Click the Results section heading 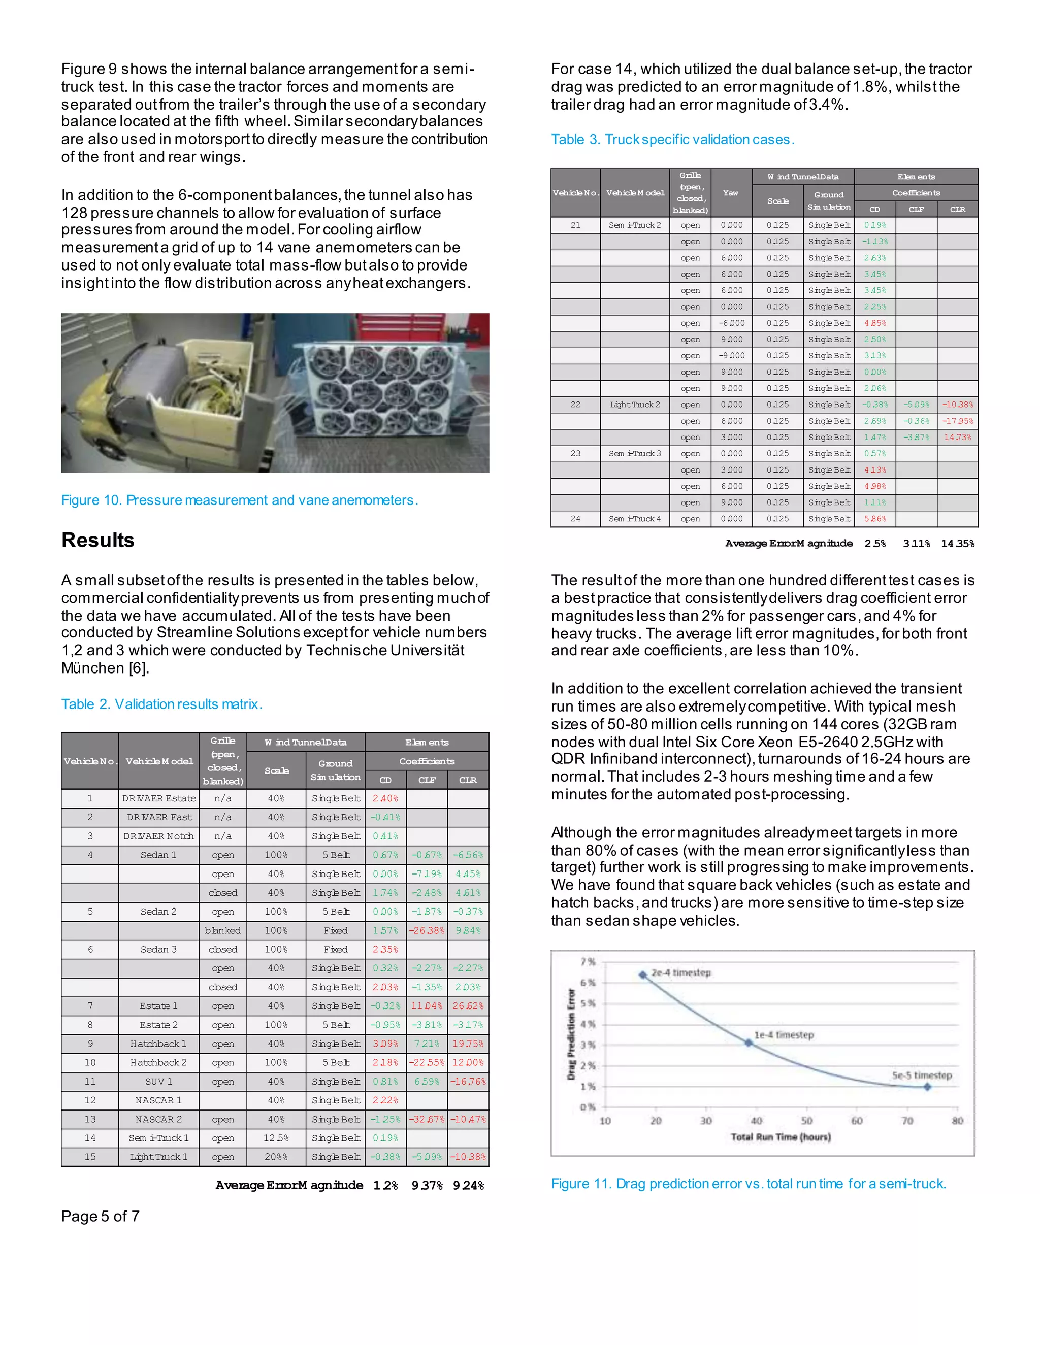[98, 540]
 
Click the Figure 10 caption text [239, 500]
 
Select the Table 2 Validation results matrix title [161, 704]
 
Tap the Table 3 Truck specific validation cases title [672, 139]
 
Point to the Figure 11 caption [748, 1184]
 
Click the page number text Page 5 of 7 [101, 1216]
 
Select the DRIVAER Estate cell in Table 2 [159, 798]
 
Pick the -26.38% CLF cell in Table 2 [427, 930]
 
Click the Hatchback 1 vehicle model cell [158, 1044]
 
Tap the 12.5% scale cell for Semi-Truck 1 [276, 1138]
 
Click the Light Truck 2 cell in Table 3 [635, 405]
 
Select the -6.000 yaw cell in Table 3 [731, 323]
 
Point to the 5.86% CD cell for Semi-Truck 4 [875, 519]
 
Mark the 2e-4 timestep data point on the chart [642, 974]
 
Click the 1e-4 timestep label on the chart [784, 1035]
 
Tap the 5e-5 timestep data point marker [927, 1087]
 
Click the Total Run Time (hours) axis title [781, 1137]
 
